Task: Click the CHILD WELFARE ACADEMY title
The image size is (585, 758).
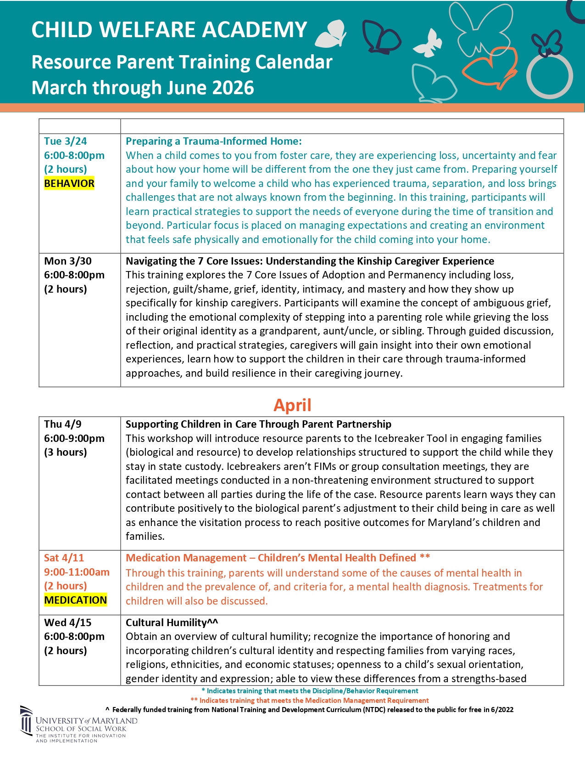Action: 169,30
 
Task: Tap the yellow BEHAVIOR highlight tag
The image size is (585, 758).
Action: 69,184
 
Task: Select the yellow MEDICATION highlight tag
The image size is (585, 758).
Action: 75,600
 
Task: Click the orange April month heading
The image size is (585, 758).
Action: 292,405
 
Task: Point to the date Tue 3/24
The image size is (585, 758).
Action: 65,141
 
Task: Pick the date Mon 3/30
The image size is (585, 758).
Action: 67,261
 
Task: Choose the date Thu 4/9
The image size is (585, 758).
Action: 62,424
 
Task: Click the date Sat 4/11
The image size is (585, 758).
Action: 64,558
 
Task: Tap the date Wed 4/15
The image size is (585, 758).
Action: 67,623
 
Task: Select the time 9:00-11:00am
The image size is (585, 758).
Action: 77,572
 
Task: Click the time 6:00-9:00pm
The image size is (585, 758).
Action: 74,439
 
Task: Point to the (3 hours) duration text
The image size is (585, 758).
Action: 65,453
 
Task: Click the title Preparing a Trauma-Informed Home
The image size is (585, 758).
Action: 213,141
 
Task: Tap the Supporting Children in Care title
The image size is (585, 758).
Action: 258,424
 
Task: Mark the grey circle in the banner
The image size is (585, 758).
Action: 549,77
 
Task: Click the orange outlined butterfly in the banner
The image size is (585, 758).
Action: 491,69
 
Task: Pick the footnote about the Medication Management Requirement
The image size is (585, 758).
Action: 310,701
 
